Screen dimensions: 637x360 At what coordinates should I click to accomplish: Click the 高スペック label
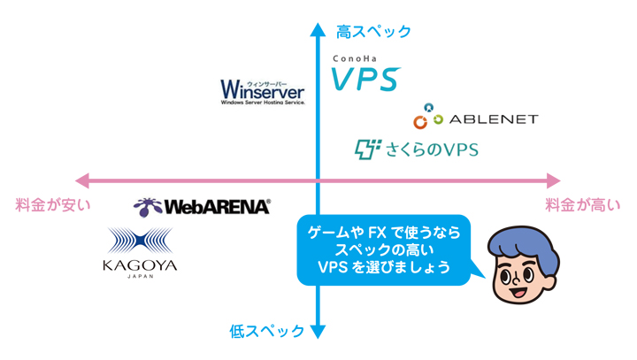[373, 31]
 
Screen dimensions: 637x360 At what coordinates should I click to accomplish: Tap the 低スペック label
[266, 331]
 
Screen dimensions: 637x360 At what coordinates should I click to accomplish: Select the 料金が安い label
[53, 205]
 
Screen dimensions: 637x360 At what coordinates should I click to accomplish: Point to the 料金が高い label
[582, 205]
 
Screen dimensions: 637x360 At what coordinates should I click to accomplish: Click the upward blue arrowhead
[318, 30]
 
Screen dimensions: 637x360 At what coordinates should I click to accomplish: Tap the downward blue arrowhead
[318, 332]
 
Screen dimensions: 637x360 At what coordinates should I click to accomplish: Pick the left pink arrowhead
[82, 180]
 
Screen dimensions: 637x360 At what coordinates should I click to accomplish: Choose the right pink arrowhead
[553, 180]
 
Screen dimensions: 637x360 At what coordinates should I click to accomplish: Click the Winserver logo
[263, 92]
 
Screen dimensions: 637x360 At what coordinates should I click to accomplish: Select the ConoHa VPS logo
[365, 73]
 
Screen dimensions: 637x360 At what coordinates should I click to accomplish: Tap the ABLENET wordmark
[494, 119]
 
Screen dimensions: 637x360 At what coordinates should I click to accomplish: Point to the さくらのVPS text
[432, 150]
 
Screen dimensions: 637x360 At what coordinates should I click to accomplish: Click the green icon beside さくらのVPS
[368, 149]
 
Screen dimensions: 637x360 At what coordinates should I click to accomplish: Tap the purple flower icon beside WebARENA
[148, 207]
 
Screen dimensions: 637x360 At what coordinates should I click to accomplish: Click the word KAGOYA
[140, 265]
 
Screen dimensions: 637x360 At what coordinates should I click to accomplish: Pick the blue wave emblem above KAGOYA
[140, 241]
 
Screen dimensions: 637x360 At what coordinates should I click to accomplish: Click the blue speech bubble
[384, 250]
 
